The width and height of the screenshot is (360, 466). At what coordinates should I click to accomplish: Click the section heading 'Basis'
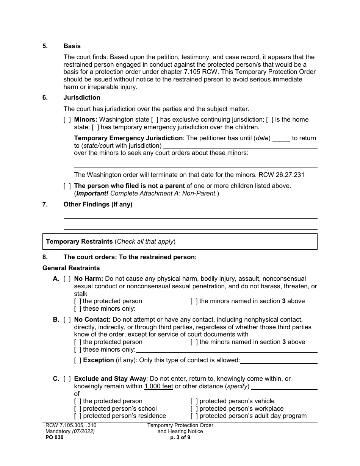72,46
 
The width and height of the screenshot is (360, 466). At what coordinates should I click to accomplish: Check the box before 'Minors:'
67,120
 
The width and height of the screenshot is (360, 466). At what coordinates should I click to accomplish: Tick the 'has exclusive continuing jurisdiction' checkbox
155,120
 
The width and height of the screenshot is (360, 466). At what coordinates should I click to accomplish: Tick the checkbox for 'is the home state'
269,120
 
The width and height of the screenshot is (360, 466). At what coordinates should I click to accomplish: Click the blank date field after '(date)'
281,138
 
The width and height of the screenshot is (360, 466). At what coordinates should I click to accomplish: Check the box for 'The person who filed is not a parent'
67,186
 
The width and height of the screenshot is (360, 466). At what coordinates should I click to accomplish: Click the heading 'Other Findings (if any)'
98,205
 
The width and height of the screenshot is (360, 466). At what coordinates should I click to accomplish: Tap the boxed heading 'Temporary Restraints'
79,242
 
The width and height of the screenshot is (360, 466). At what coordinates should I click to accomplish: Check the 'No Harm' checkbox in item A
67,279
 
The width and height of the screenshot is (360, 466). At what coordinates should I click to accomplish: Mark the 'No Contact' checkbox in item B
67,320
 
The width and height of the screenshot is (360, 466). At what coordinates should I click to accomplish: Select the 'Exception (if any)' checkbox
78,360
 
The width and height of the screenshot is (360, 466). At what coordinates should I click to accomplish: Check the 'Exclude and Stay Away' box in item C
67,379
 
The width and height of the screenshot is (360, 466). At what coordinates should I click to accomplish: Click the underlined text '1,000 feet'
158,386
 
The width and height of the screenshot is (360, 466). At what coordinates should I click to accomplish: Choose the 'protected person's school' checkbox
78,409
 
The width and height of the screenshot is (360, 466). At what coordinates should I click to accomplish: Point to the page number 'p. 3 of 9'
180,437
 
